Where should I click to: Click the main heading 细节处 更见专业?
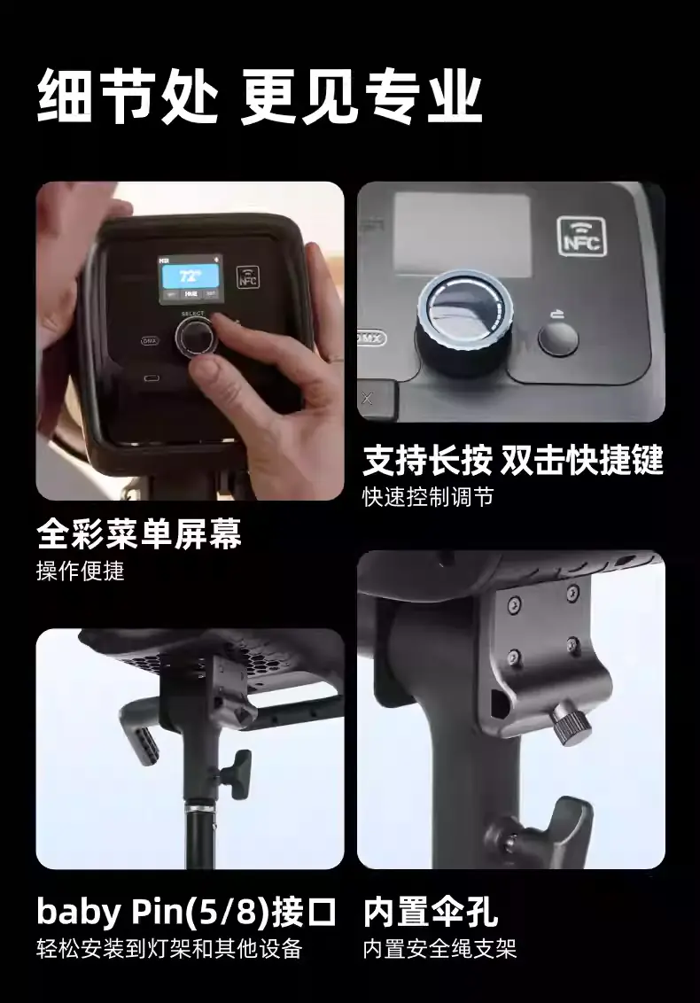(x=259, y=97)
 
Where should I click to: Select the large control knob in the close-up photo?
(x=464, y=323)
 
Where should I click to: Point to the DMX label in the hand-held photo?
(x=150, y=341)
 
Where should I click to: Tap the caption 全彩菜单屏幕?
(x=139, y=533)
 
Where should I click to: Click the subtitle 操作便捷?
(x=80, y=571)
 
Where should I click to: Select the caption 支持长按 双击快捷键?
(x=513, y=459)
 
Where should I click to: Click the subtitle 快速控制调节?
(x=428, y=497)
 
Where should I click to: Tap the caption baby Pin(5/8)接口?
(x=186, y=912)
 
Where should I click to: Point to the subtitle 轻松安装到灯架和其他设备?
(x=169, y=949)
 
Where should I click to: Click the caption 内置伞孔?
(x=431, y=912)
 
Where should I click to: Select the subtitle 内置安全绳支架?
(x=439, y=949)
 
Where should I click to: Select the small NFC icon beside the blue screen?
(x=247, y=276)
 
